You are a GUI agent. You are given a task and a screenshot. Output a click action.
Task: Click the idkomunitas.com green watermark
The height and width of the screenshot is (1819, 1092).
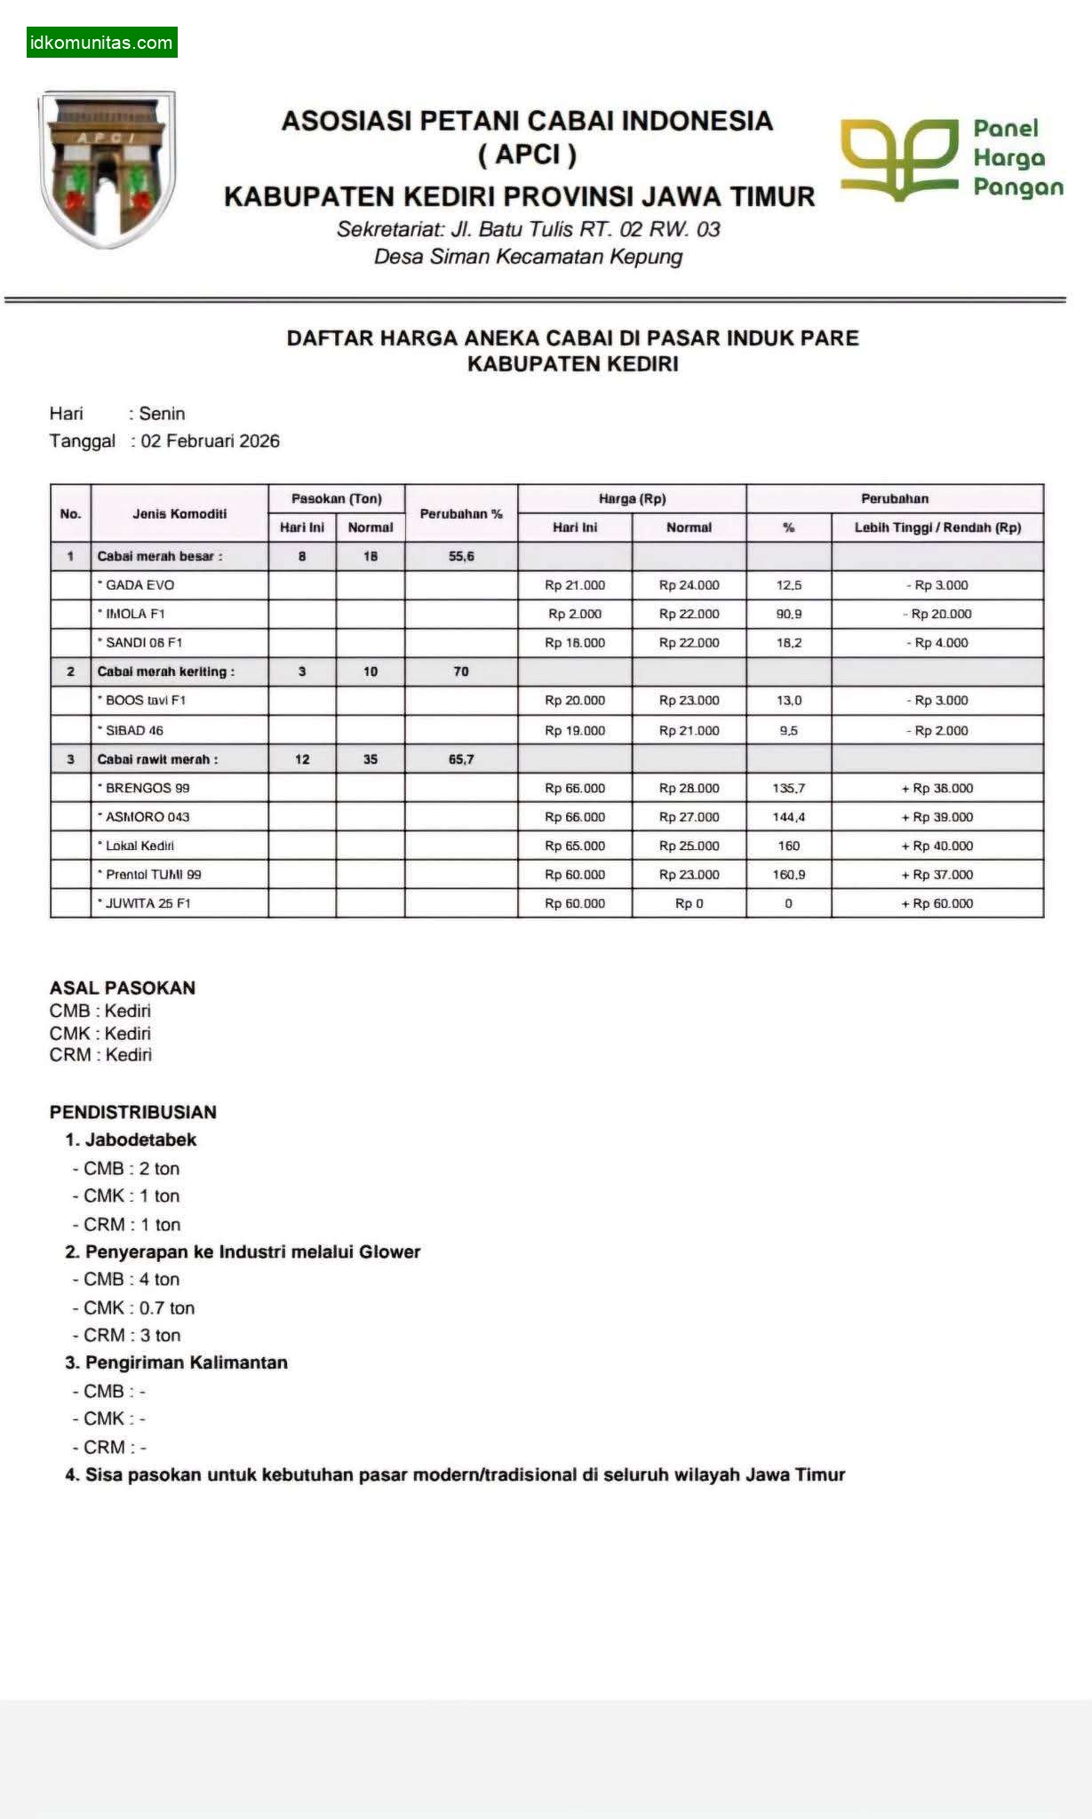click(101, 43)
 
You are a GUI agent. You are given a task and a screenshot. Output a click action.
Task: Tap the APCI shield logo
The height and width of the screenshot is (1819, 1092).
click(107, 168)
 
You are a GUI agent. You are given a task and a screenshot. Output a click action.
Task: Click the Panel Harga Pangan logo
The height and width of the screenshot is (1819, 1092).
click(952, 159)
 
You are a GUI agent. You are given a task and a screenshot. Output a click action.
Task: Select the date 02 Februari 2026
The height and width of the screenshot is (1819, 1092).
click(210, 441)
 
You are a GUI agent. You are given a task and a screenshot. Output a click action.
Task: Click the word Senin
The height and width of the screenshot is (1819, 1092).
click(162, 414)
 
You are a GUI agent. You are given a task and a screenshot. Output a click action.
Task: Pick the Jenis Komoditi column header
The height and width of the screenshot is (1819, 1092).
click(179, 513)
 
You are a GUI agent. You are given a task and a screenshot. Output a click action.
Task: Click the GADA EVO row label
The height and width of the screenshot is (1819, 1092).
click(139, 585)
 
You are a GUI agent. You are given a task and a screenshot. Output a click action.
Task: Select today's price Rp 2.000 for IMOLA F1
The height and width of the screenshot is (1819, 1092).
click(575, 614)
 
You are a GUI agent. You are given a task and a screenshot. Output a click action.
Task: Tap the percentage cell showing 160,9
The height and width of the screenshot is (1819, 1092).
click(789, 875)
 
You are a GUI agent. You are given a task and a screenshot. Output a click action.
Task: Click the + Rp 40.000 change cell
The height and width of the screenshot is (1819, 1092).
click(937, 846)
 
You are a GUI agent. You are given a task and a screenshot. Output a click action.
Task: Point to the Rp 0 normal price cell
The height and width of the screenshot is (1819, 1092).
click(689, 903)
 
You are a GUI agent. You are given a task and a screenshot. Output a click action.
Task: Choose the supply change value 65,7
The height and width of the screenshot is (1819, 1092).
click(461, 759)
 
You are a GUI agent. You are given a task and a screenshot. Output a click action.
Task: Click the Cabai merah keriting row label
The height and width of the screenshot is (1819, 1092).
click(165, 671)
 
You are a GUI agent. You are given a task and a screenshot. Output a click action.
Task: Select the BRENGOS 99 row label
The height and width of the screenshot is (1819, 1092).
click(147, 788)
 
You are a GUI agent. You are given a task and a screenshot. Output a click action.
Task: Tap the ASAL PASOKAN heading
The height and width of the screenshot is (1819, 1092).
click(123, 988)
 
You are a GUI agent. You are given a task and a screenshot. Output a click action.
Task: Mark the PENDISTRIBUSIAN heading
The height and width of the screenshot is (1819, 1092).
click(133, 1112)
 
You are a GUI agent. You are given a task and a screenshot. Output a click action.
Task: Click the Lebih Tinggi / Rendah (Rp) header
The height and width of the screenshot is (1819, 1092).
click(937, 528)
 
